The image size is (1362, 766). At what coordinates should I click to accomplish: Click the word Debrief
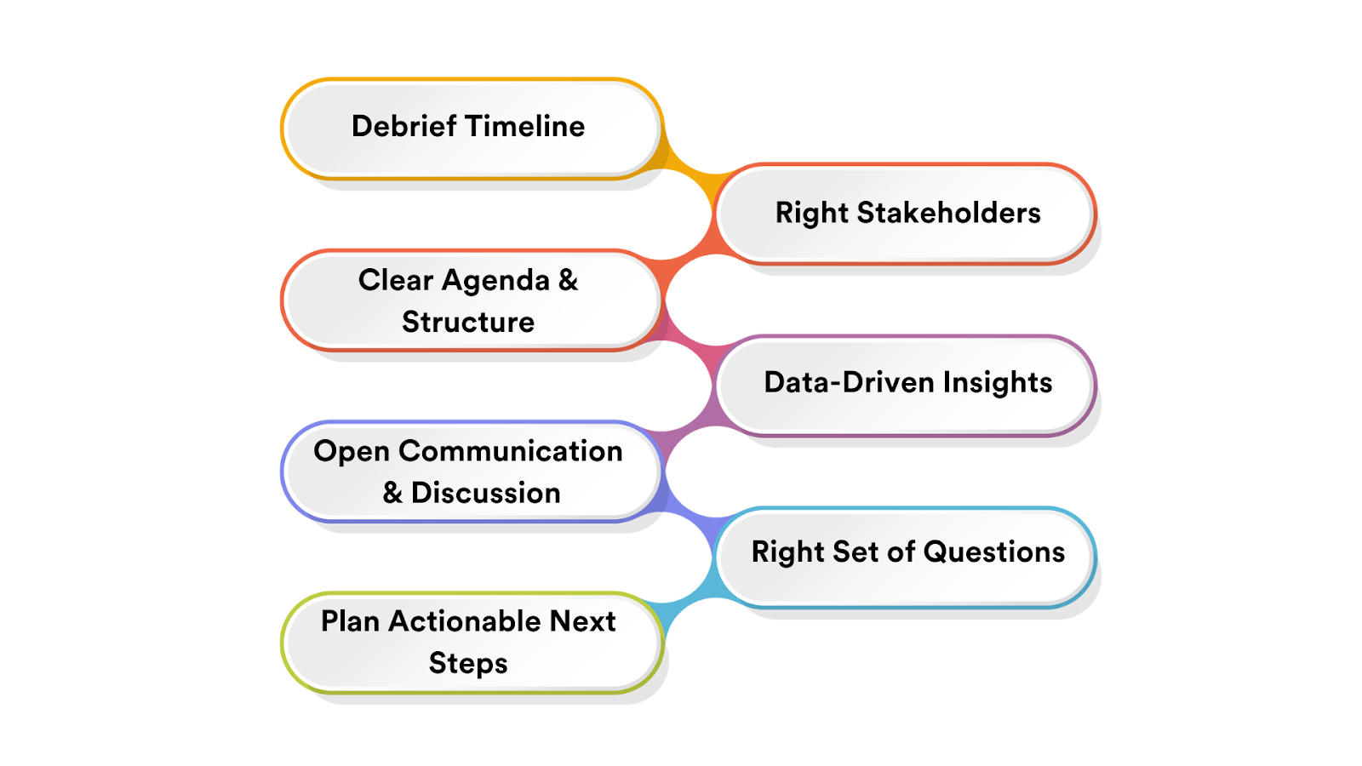(x=403, y=126)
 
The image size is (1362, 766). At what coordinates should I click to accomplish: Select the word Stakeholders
(x=948, y=213)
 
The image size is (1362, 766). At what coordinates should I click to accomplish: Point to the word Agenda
(x=495, y=281)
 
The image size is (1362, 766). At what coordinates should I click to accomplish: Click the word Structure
(x=468, y=322)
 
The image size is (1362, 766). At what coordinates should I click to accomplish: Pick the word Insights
(x=997, y=383)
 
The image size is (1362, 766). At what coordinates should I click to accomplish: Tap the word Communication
(x=510, y=451)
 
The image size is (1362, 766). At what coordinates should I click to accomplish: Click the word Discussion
(x=485, y=493)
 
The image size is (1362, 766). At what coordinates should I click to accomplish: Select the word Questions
(x=993, y=552)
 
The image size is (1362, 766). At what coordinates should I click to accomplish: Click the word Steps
(x=468, y=664)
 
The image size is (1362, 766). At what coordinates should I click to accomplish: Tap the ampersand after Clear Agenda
(x=568, y=280)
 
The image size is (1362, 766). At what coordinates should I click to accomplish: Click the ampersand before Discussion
(x=392, y=493)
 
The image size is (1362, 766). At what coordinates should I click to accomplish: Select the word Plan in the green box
(x=350, y=621)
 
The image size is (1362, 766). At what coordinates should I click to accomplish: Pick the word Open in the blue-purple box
(x=351, y=452)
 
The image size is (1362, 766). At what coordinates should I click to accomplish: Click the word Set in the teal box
(x=856, y=552)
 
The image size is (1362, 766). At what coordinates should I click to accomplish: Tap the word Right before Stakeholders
(x=811, y=213)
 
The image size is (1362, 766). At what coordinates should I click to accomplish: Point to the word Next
(x=582, y=621)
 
